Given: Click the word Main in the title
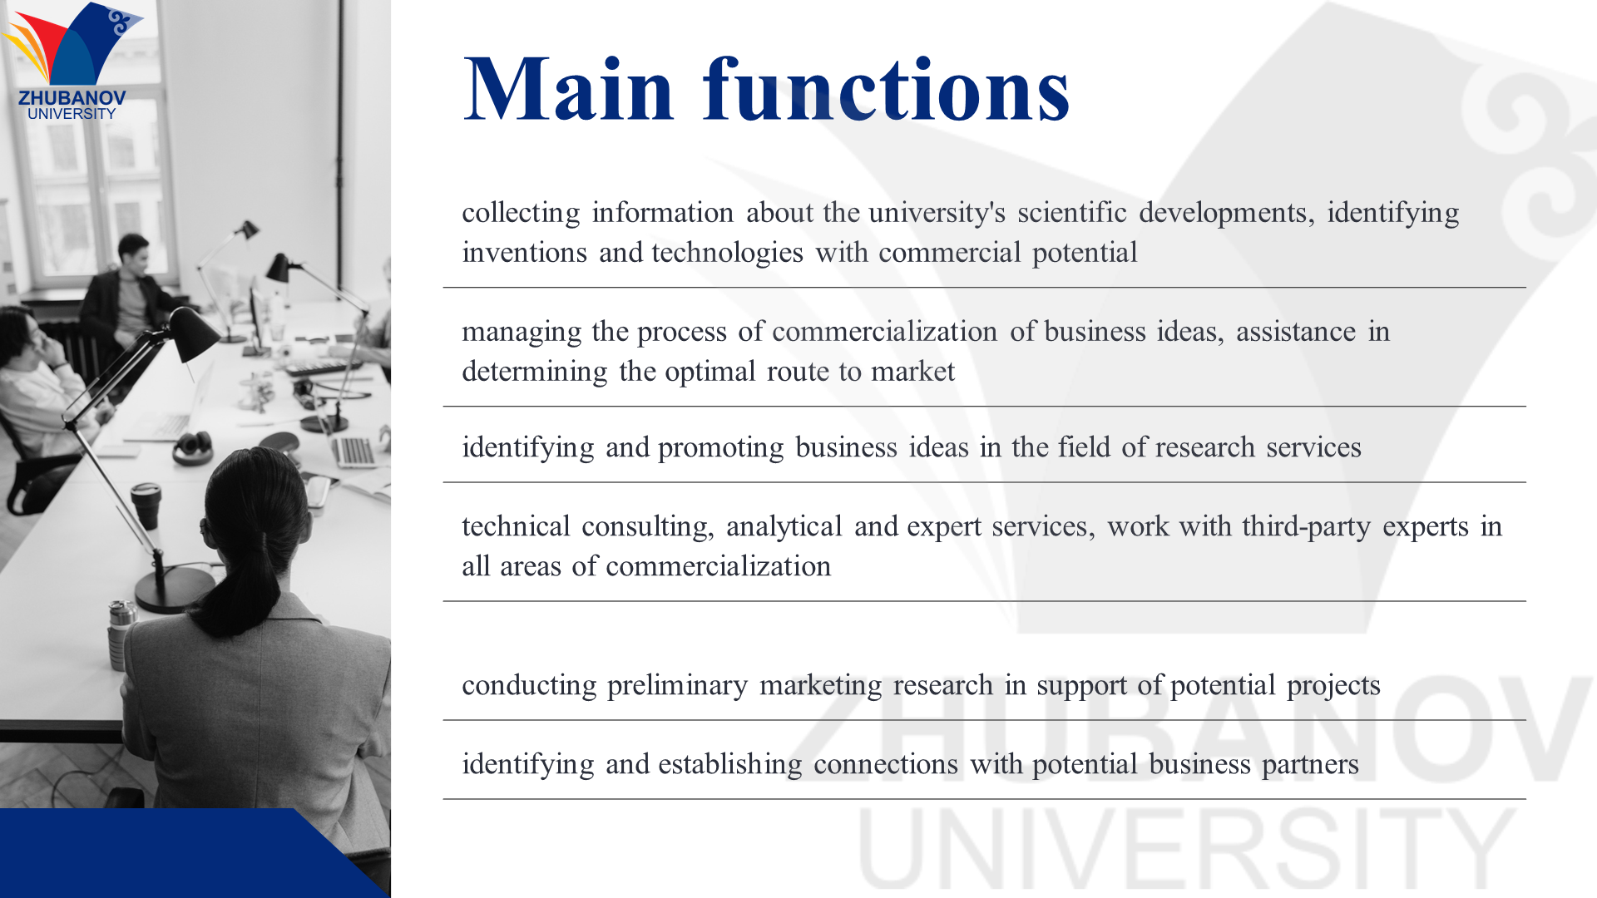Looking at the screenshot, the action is coord(568,89).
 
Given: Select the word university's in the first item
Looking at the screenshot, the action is coord(937,213).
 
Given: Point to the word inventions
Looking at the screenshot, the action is coord(525,252).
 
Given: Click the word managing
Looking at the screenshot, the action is coord(522,333).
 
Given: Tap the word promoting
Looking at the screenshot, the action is coord(720,448).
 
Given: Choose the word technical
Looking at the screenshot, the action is coord(516,526).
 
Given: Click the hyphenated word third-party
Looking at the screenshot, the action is coord(1306,527).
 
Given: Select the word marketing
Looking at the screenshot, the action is coord(820,686).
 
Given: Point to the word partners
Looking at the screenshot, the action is coord(1310,765).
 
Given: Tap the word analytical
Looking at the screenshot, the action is coord(784,527).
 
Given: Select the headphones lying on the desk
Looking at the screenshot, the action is coord(192,447).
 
